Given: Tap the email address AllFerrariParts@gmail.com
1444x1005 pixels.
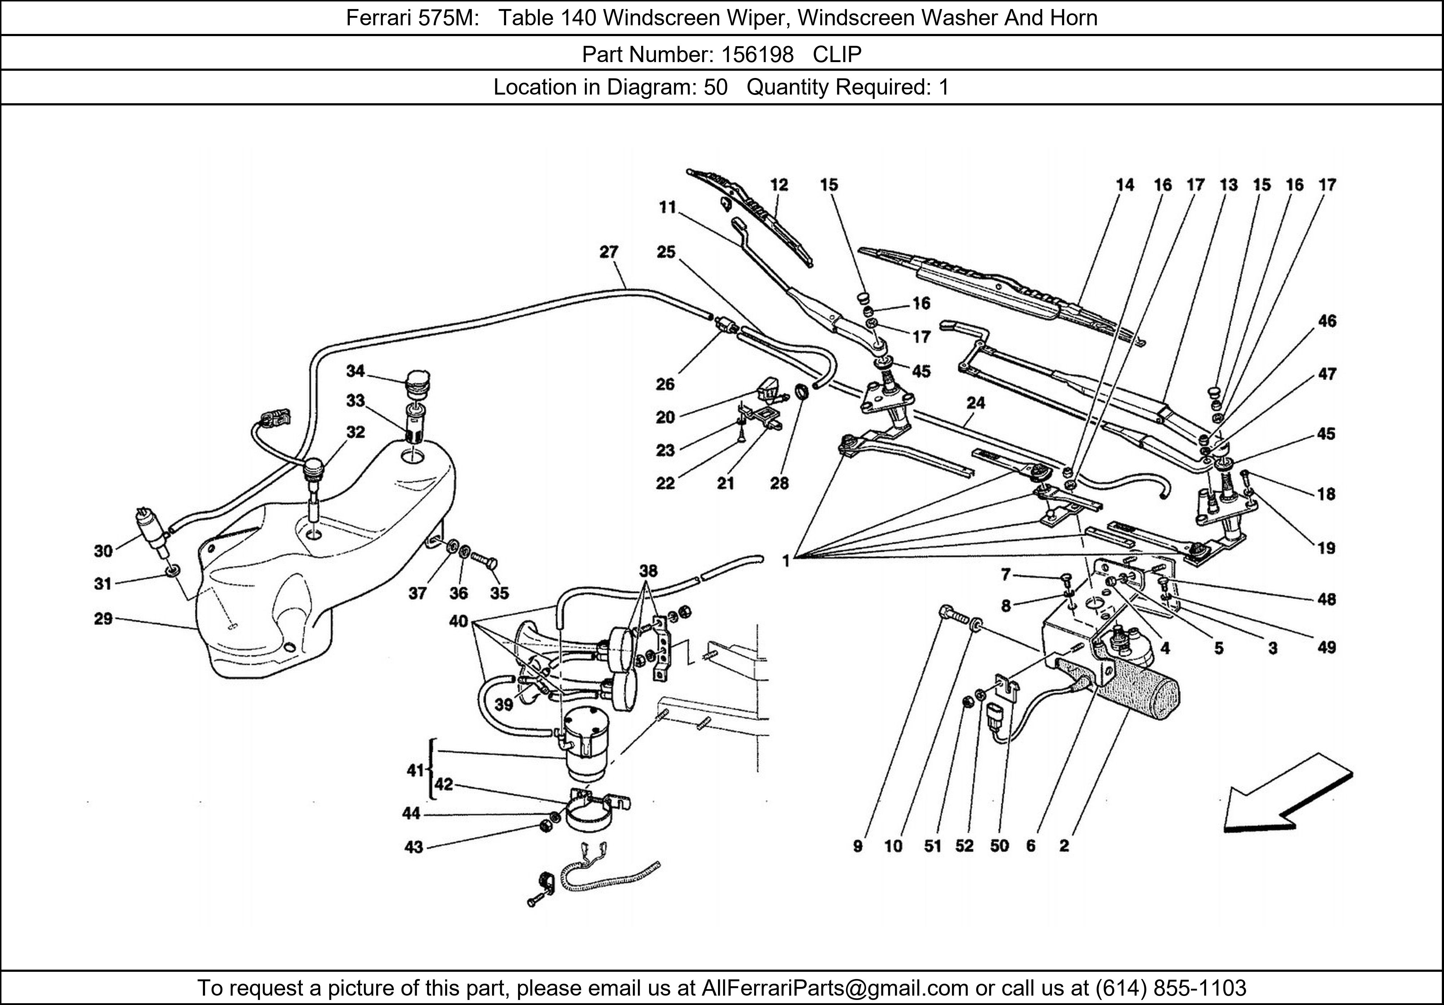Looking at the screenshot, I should pyautogui.click(x=835, y=988).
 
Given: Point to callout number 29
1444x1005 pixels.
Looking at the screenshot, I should pyautogui.click(x=103, y=619).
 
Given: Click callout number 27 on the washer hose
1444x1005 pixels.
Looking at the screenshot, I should pyautogui.click(x=609, y=252).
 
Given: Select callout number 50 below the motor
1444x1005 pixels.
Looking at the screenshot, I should pyautogui.click(x=999, y=846).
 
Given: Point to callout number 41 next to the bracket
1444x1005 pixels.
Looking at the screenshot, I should pyautogui.click(x=414, y=770).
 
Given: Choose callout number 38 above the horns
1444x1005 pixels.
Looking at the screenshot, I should pyautogui.click(x=648, y=570).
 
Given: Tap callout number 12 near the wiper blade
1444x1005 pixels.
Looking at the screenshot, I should pyautogui.click(x=779, y=185).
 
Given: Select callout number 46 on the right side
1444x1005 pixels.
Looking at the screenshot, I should pyautogui.click(x=1327, y=321).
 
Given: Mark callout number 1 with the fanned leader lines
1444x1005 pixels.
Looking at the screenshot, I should pyautogui.click(x=786, y=560).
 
